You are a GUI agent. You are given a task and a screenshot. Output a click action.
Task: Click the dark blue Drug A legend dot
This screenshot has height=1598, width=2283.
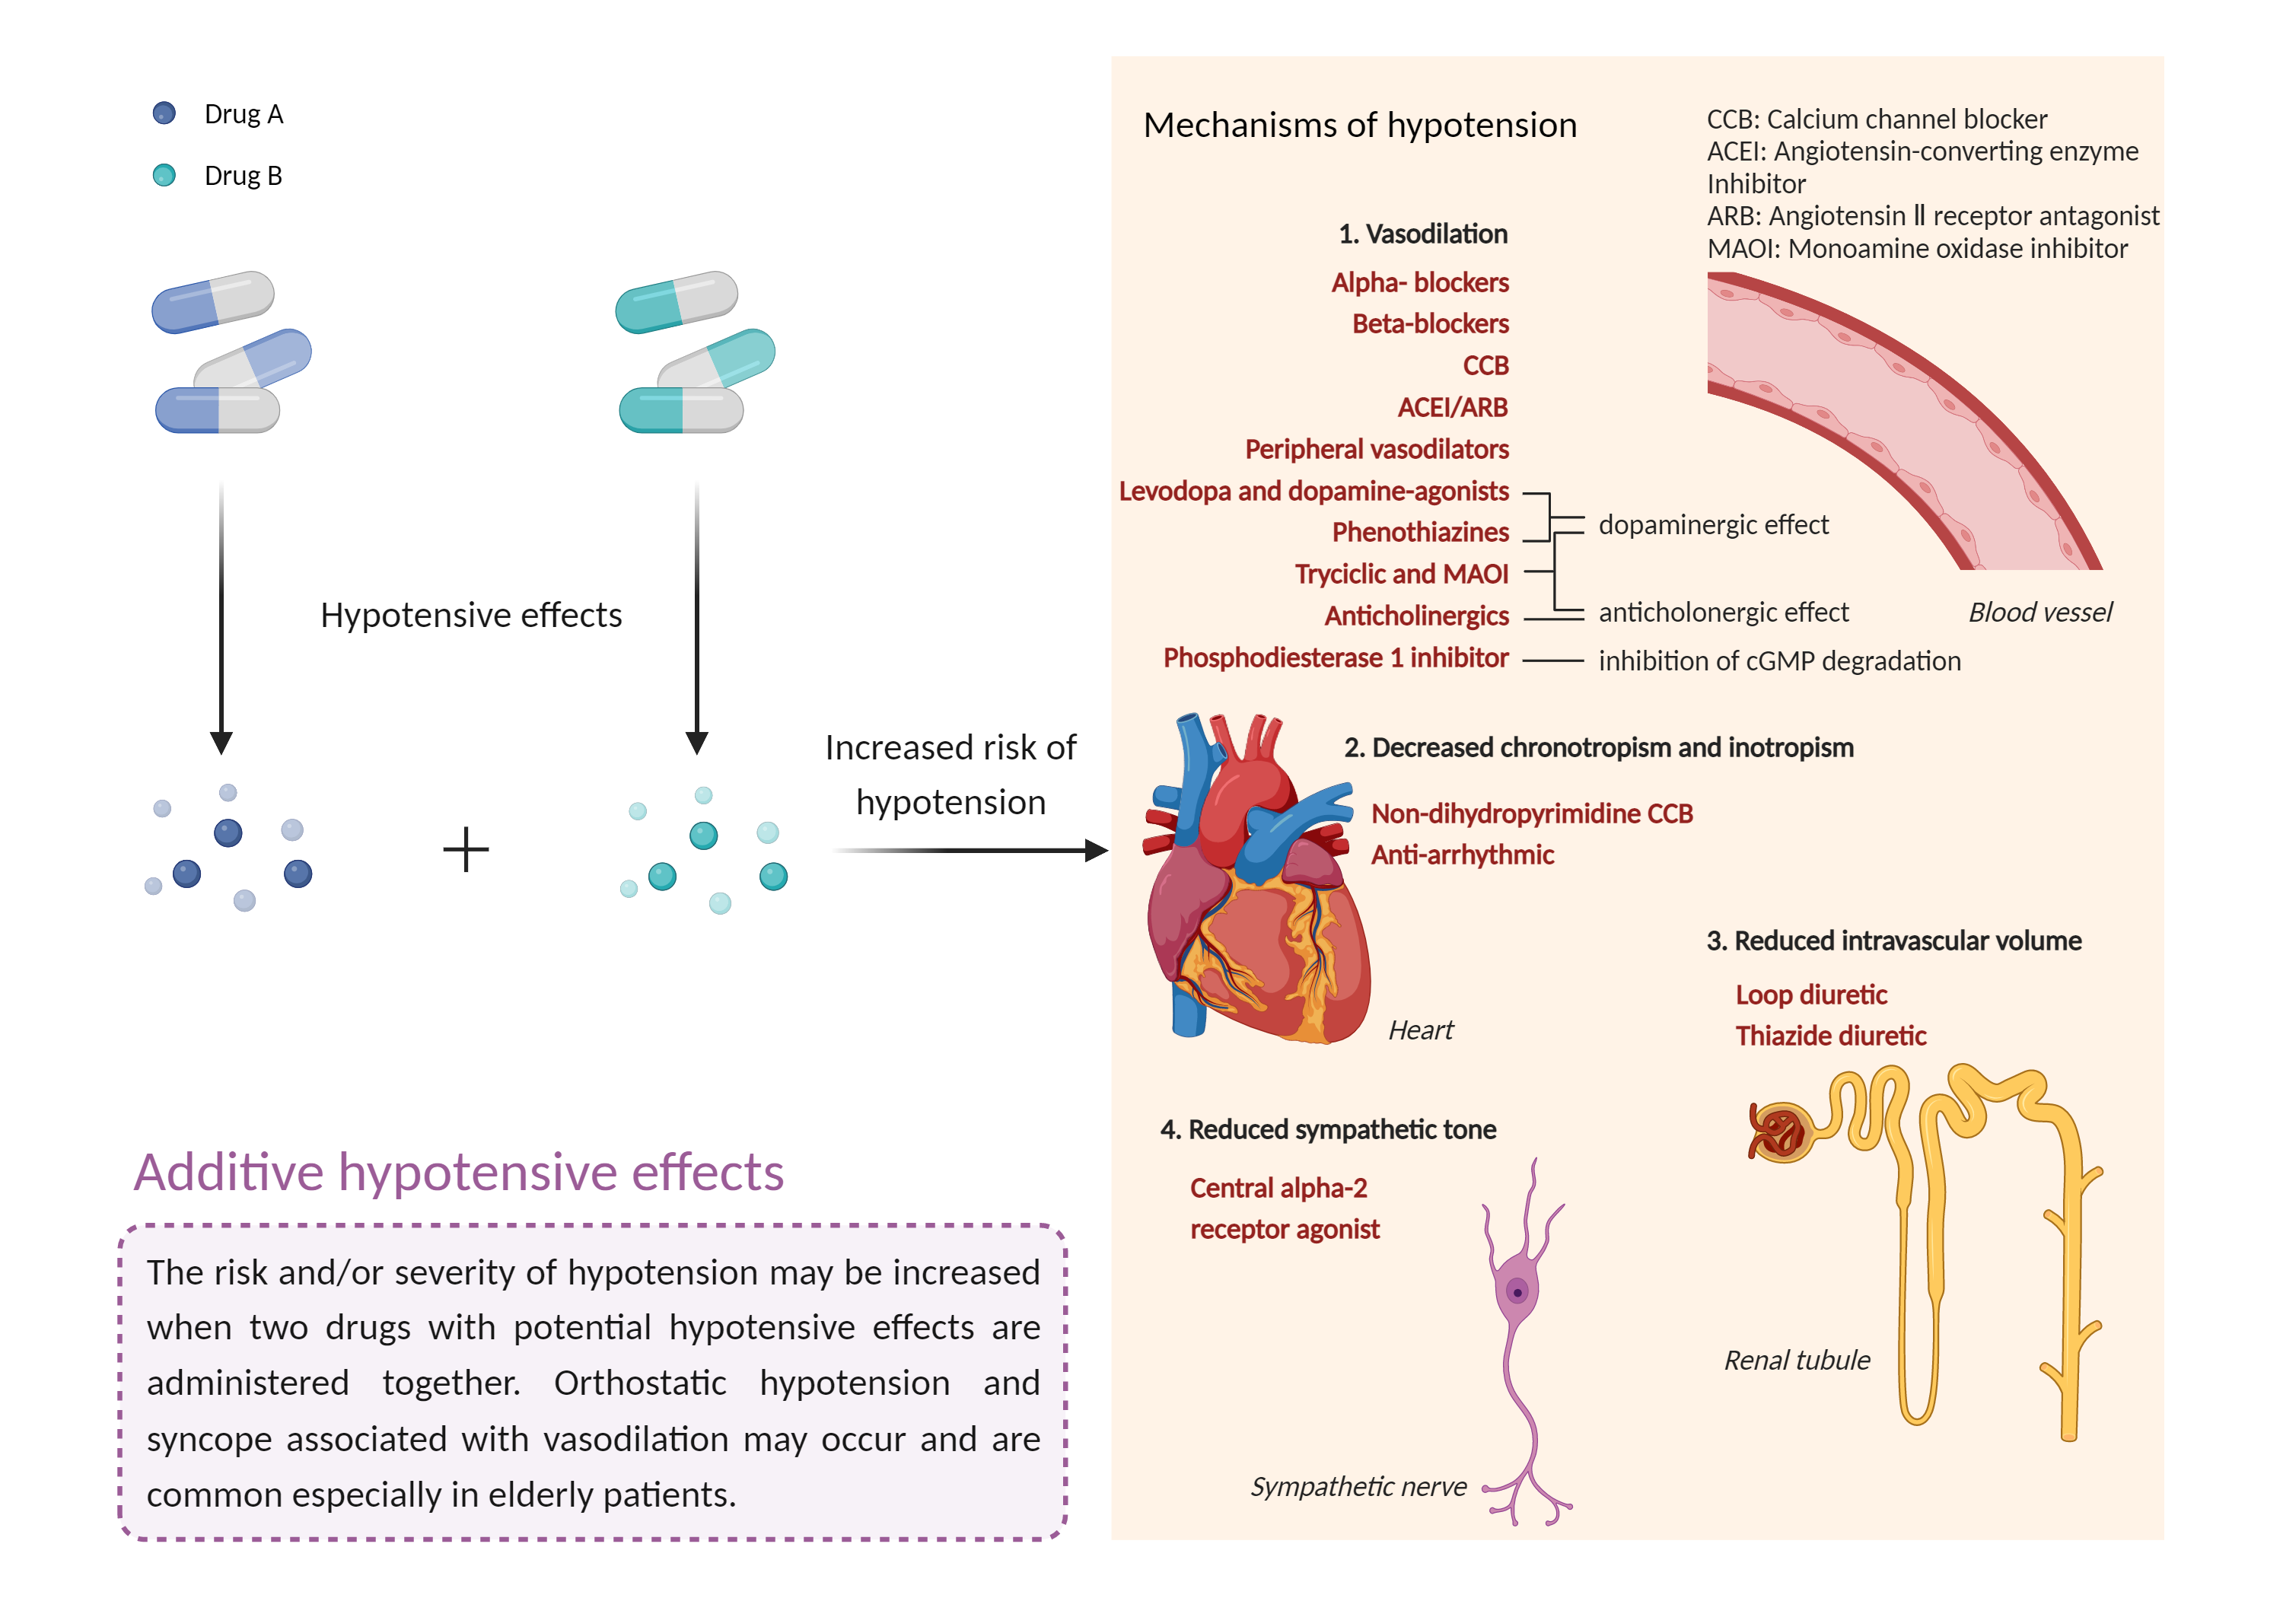[164, 113]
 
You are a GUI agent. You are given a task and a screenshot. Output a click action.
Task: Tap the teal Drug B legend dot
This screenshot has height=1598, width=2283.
[164, 175]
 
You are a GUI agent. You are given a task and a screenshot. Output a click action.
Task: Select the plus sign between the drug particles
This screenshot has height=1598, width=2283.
[465, 850]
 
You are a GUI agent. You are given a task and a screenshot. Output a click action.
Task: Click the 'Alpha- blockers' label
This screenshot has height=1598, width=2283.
[1419, 282]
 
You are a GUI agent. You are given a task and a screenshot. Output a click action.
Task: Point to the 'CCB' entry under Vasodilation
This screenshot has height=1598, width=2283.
[1485, 366]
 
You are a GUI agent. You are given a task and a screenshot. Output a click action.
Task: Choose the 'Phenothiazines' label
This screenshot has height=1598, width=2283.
[1419, 532]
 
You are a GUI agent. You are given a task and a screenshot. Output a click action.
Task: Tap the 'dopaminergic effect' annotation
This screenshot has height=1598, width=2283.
[1712, 524]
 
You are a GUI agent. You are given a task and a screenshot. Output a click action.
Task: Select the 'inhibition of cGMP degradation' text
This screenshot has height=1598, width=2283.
[1779, 661]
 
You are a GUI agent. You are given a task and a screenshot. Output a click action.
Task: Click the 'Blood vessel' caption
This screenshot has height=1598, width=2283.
[2039, 612]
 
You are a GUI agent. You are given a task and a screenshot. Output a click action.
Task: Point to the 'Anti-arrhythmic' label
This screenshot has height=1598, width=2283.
[1462, 855]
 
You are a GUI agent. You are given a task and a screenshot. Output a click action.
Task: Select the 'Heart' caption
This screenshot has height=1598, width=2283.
[1420, 1030]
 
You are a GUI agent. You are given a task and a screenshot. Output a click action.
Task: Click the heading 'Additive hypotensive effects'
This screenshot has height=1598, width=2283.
[458, 1171]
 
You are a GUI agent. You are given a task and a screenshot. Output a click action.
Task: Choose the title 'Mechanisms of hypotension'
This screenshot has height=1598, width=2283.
[1359, 126]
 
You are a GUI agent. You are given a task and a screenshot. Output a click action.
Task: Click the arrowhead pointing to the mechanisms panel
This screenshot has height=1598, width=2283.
[1096, 850]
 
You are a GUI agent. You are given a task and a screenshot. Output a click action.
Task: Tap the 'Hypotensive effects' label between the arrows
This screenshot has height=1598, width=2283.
[470, 615]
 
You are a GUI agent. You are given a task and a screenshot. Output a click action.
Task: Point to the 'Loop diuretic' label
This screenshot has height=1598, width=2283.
[1810, 995]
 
